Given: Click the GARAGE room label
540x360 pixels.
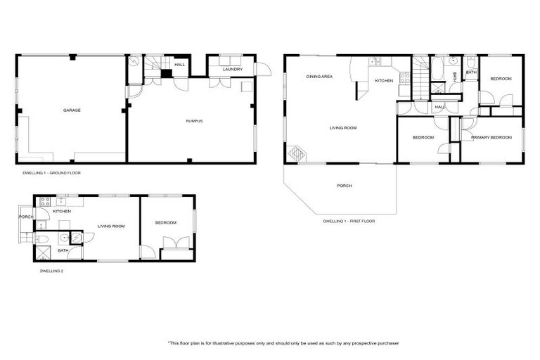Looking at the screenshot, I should (72, 110).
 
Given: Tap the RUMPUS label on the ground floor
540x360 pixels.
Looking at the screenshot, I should (194, 121).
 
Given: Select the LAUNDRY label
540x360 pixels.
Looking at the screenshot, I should (233, 70).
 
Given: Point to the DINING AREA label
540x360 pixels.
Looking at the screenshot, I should (319, 76).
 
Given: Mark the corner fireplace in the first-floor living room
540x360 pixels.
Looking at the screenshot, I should (294, 154).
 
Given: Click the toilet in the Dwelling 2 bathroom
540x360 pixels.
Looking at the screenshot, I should (41, 240).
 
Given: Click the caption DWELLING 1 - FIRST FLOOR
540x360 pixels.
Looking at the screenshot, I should (349, 221).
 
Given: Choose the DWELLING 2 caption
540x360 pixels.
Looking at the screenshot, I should (51, 269).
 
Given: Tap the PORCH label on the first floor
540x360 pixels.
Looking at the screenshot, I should (344, 186).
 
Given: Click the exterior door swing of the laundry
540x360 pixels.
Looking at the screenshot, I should (262, 69).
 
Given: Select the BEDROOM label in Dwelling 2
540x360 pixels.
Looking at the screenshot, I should (166, 223).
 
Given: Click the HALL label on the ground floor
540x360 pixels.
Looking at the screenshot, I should (180, 65).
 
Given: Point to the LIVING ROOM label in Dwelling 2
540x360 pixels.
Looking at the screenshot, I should (111, 226).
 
